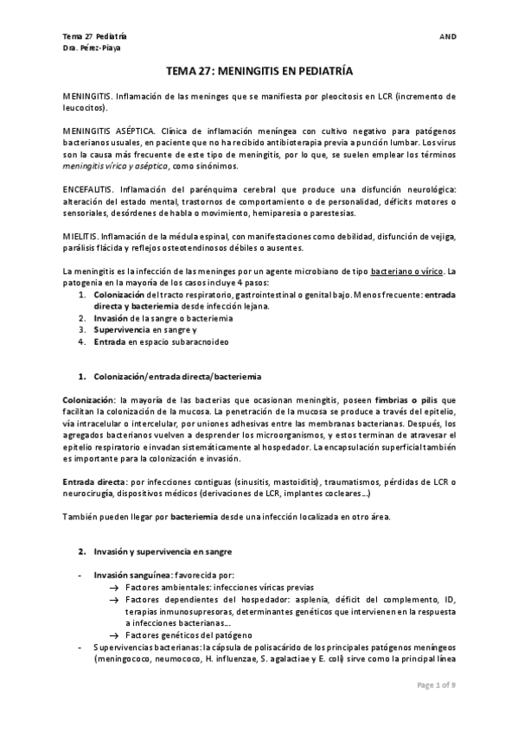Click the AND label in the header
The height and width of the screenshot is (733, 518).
(448, 37)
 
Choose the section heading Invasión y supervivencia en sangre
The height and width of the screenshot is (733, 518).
(163, 551)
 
